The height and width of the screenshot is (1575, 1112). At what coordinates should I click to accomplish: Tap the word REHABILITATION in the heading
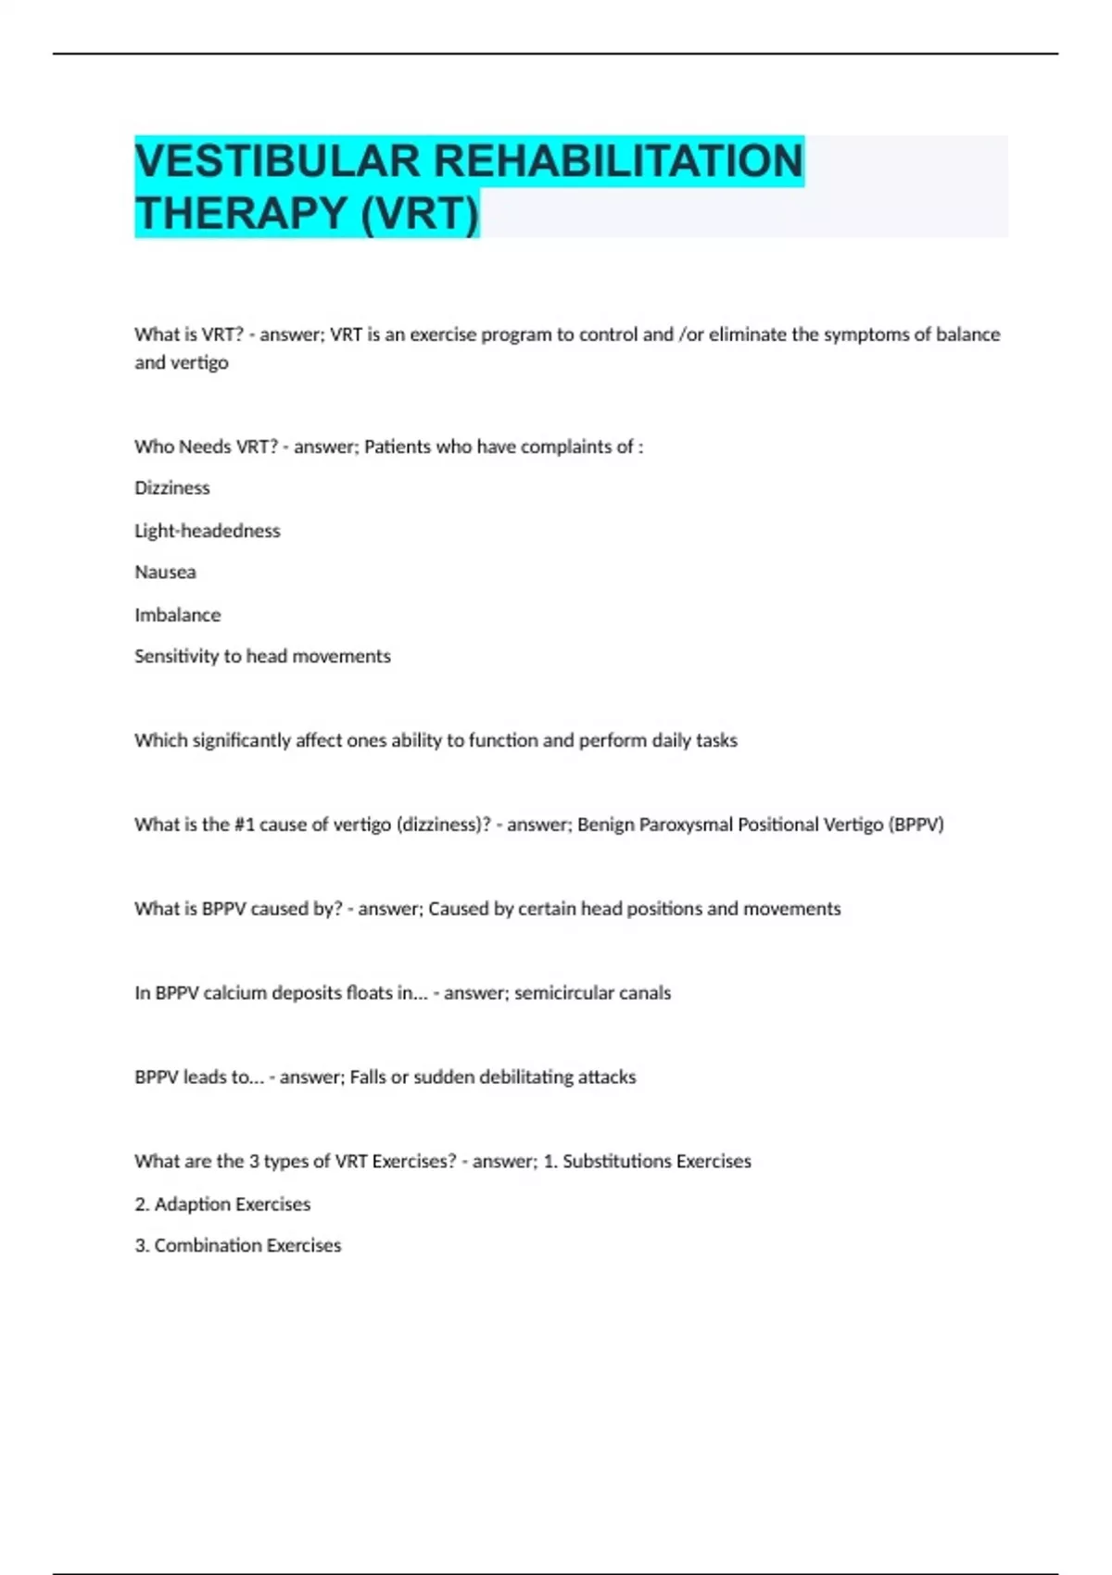618,160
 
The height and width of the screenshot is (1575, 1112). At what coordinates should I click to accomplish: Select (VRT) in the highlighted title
419,213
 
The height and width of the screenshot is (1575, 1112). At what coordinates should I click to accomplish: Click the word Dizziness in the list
172,488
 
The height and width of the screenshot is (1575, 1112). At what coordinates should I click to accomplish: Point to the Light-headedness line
208,531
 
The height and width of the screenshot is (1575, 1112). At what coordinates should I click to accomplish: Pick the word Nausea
165,573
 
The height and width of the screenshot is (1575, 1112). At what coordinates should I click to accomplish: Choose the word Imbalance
178,615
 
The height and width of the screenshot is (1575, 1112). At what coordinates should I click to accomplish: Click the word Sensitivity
176,657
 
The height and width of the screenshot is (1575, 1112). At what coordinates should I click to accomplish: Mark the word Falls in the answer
368,1077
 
